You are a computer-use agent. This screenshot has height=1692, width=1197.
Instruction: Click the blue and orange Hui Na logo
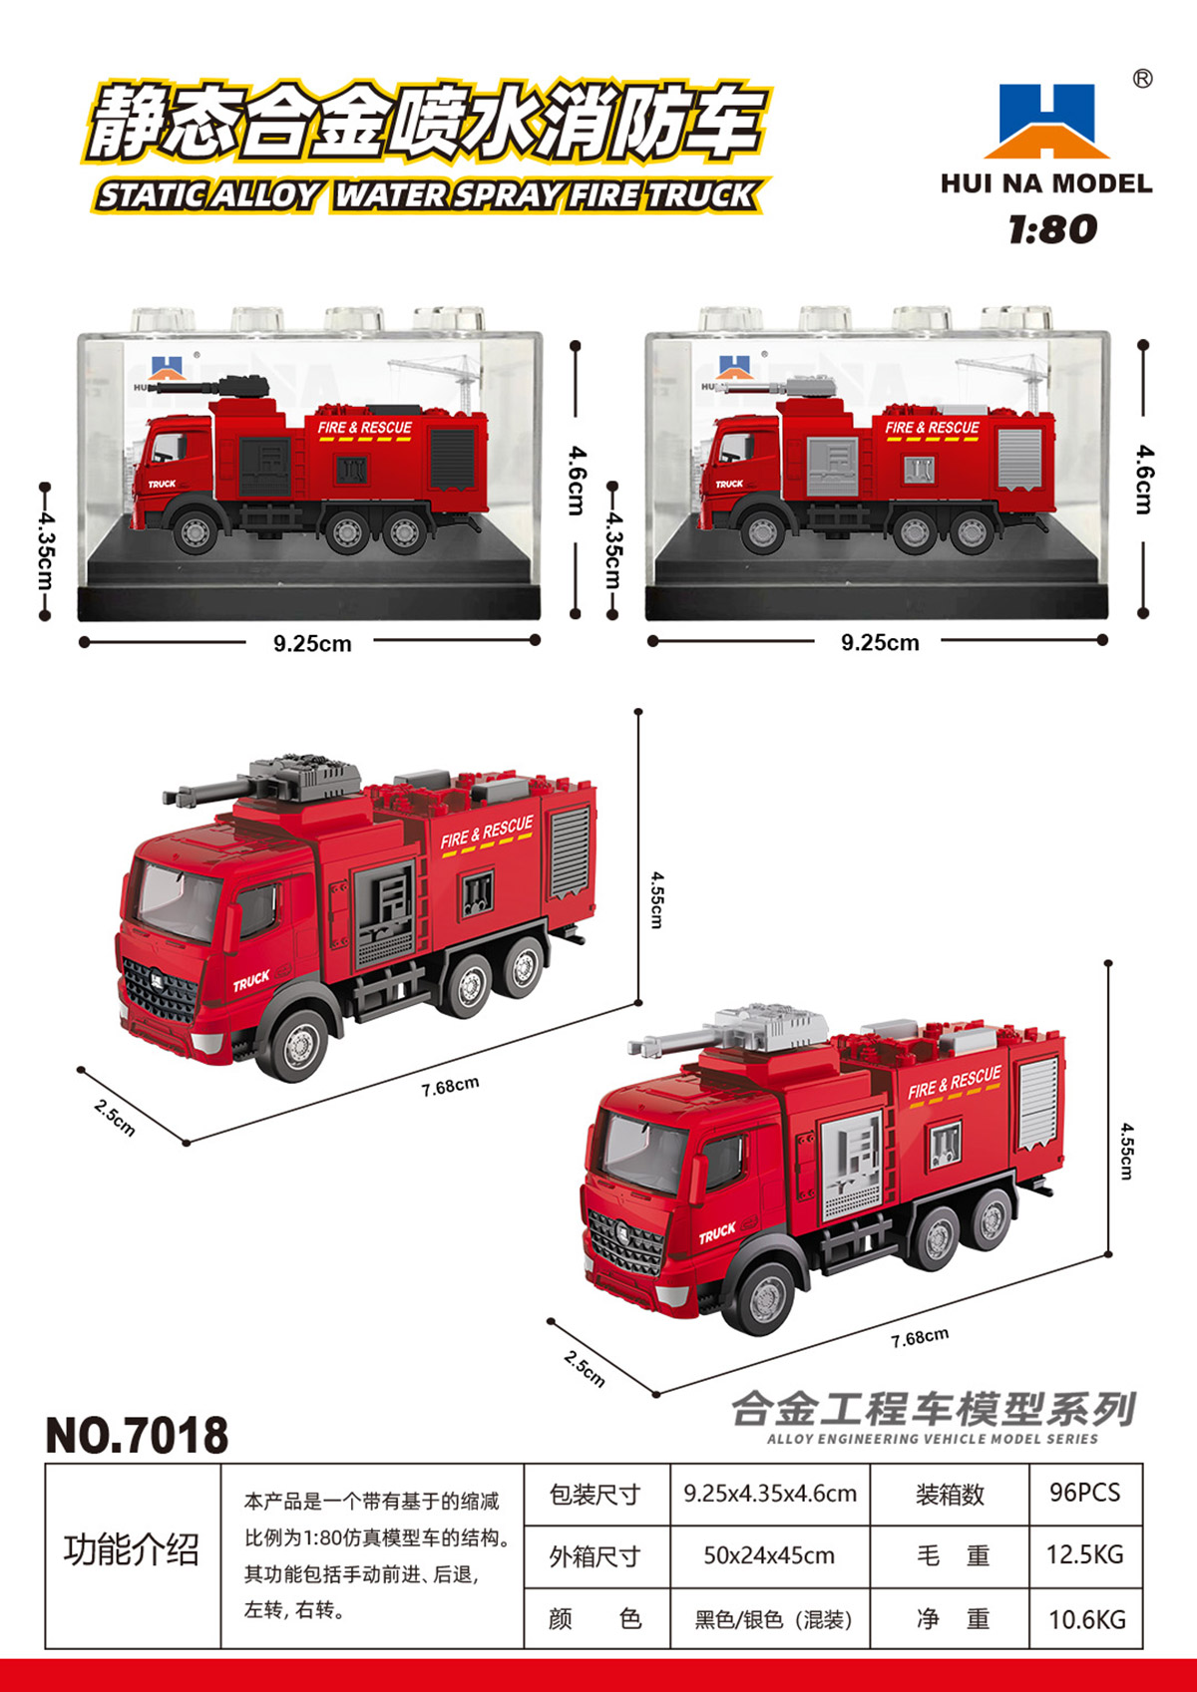pos(1046,120)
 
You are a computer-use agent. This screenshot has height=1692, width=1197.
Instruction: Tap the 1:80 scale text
pos(1052,229)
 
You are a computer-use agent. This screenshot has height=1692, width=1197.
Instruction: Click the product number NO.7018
pos(137,1435)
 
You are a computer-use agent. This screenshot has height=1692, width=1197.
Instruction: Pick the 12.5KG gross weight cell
pos(1084,1554)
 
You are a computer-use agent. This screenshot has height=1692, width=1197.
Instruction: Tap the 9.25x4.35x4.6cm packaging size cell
pos(770,1494)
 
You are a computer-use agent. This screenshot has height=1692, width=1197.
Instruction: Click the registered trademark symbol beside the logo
pos(1142,79)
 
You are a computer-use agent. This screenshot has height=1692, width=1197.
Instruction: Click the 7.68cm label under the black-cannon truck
pos(451,1086)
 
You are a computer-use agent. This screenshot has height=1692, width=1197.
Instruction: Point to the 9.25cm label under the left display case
pos(312,643)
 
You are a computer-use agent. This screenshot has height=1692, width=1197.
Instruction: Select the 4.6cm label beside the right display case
pos(1144,480)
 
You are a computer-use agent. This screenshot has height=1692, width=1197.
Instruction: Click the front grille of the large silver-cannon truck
pos(625,1243)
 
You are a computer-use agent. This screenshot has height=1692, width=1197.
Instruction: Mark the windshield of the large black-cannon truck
pos(179,902)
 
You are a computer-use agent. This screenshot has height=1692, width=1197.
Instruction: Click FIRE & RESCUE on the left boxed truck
pos(365,428)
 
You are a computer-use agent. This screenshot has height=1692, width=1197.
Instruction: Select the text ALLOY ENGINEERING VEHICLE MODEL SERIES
pos(932,1439)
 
